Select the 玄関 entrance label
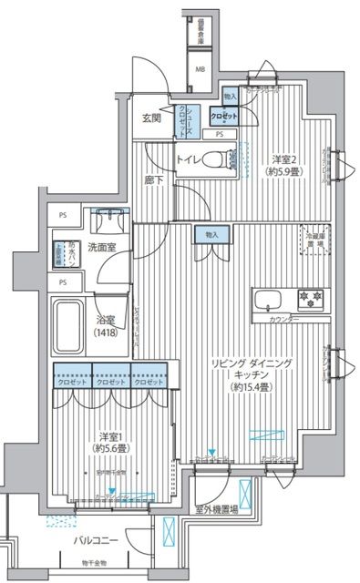[151, 118]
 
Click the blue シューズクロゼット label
[185, 120]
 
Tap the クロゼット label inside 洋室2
[225, 117]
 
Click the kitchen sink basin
[271, 300]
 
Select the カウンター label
[286, 321]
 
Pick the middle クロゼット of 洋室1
[111, 383]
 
